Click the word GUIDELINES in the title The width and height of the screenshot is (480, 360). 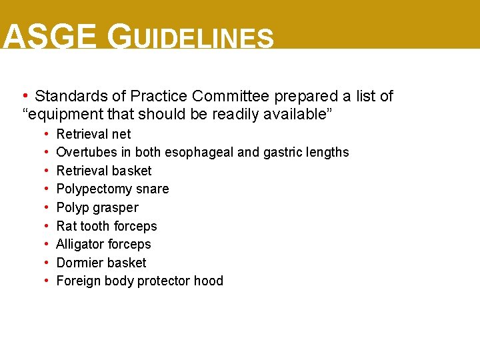(x=191, y=38)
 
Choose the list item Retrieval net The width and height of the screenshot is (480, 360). (x=93, y=134)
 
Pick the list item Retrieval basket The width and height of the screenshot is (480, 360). (x=103, y=171)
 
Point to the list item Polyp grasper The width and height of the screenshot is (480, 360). (x=97, y=207)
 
